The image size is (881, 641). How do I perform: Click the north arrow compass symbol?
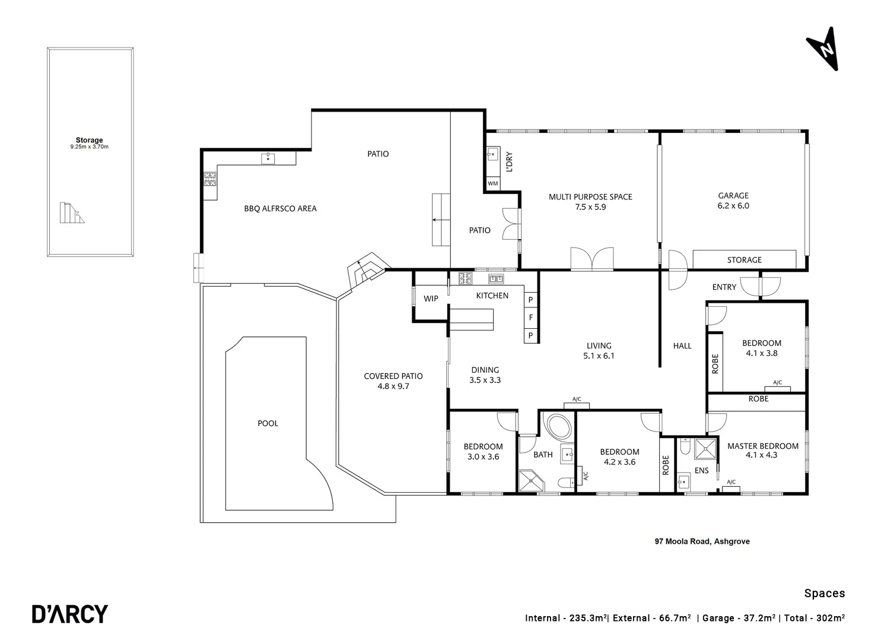tap(823, 49)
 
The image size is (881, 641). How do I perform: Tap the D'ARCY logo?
tap(70, 614)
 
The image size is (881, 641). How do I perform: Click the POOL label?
tap(268, 423)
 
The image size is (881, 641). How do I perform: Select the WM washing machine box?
tap(493, 184)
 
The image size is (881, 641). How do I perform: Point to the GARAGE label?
tap(733, 195)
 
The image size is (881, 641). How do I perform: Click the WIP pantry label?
tap(431, 299)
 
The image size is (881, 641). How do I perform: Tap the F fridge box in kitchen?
tap(531, 318)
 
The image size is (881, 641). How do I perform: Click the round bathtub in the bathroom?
tap(558, 427)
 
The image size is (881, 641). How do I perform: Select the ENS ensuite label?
tap(701, 471)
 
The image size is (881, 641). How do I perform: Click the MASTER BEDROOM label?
tap(762, 446)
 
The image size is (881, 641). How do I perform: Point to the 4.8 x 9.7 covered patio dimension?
tap(393, 386)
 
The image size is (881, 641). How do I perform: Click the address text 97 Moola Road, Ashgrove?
tap(702, 541)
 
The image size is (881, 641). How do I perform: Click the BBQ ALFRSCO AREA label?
tap(280, 208)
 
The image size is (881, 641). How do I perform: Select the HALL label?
tap(682, 345)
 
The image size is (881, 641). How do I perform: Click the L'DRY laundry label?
tap(508, 162)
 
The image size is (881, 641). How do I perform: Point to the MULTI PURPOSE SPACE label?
tap(590, 196)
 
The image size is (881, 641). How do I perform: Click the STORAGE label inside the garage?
tap(744, 260)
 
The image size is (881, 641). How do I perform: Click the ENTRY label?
tap(724, 287)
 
